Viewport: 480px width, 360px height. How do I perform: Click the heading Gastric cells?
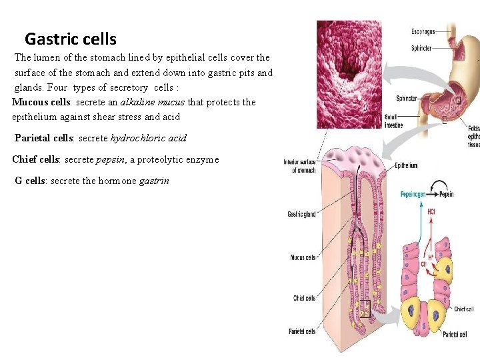click(x=70, y=39)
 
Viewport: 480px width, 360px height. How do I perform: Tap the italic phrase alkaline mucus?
click(x=153, y=102)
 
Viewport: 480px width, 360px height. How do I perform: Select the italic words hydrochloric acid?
click(x=148, y=138)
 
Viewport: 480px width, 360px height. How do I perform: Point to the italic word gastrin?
click(x=154, y=181)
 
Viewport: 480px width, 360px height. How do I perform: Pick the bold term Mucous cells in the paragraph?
click(x=41, y=102)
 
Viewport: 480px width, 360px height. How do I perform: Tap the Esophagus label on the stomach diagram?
click(x=423, y=31)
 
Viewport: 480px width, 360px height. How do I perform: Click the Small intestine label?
click(x=393, y=121)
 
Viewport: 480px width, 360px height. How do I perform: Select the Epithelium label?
click(x=406, y=165)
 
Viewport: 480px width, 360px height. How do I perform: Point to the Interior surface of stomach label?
click(x=299, y=166)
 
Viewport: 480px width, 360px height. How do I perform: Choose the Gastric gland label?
click(x=301, y=214)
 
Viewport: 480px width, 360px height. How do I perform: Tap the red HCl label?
click(x=431, y=212)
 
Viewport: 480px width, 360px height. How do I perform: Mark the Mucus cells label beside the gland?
click(x=303, y=257)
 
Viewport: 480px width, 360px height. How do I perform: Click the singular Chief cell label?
click(x=464, y=309)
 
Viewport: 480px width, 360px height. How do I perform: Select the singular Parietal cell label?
click(x=459, y=334)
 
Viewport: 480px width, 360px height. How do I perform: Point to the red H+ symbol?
click(x=431, y=257)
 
